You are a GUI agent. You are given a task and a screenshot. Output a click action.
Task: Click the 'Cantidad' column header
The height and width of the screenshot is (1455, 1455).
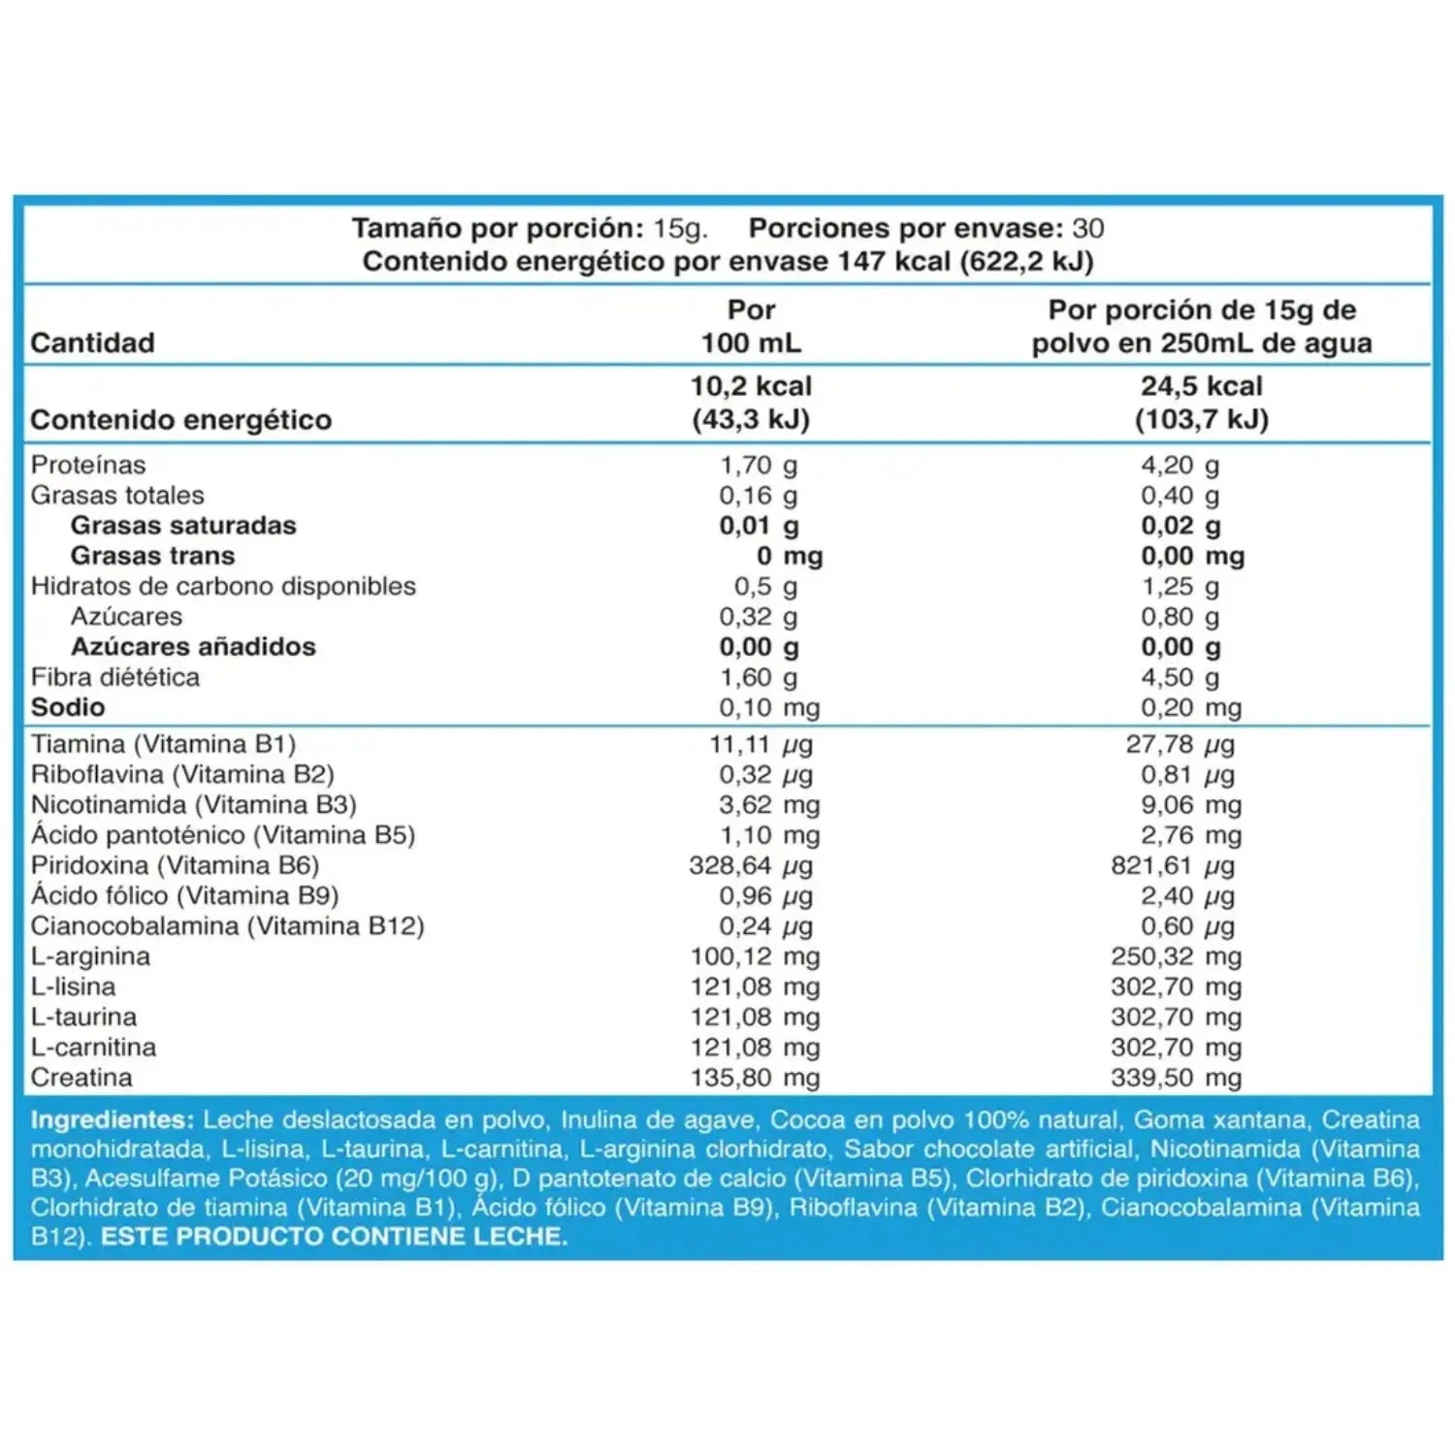[92, 342]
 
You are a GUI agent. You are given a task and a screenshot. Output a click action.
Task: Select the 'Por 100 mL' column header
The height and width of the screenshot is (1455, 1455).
[752, 326]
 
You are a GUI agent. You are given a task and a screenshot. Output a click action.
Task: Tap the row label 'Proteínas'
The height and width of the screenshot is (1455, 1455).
[88, 465]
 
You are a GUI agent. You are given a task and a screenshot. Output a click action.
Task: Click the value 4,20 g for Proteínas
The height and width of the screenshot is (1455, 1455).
[1180, 466]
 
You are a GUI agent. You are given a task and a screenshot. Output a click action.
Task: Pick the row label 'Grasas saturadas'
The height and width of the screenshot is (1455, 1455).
[183, 526]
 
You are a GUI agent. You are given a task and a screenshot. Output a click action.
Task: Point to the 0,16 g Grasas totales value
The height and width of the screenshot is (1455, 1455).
[759, 496]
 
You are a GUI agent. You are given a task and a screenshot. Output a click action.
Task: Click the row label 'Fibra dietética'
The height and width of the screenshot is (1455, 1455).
[115, 677]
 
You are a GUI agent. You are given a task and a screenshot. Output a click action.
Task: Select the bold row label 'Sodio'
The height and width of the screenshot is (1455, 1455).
[68, 707]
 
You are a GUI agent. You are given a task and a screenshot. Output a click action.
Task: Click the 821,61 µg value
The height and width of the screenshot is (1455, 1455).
[1173, 865]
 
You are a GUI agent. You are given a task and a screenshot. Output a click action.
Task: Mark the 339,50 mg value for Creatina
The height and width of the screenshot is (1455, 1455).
[1177, 1078]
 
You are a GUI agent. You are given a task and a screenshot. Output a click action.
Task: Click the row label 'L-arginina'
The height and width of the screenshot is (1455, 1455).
[90, 956]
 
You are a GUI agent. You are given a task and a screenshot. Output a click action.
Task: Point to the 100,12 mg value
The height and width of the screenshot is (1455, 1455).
[756, 956]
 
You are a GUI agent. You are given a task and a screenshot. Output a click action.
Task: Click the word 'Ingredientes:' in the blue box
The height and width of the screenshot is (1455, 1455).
[113, 1120]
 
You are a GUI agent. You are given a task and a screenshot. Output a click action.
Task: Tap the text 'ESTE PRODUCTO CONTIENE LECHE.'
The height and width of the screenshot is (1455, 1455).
[335, 1237]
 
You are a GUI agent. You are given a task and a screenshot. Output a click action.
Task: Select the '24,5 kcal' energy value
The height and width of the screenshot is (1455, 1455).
[1202, 386]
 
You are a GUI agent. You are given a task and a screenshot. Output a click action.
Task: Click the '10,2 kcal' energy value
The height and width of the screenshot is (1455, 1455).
[752, 386]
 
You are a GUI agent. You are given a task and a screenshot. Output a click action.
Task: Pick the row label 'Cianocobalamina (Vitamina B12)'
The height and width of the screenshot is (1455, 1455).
[228, 926]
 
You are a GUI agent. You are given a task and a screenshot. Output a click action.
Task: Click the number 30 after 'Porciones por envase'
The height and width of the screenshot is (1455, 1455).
[1088, 228]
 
